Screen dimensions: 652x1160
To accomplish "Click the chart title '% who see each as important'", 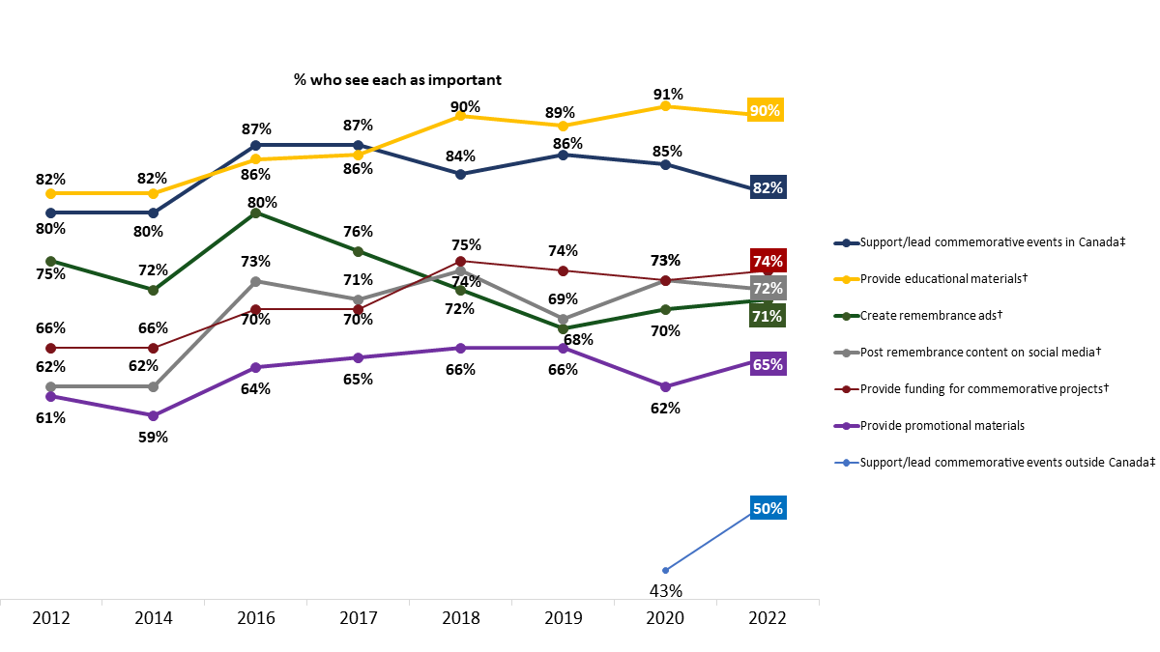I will pos(398,80).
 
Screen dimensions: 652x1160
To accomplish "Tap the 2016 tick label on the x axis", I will pos(255,618).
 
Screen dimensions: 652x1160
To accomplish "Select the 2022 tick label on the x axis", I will pos(768,618).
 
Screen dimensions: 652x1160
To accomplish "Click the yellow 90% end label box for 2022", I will pos(765,110).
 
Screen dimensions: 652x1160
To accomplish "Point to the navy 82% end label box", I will pos(768,187).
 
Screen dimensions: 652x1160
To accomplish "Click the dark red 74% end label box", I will pos(768,261).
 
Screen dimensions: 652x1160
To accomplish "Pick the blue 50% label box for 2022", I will pos(768,508).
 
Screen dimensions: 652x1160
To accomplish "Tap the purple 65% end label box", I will pos(768,364).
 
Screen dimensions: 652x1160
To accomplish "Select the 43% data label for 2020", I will pos(665,590).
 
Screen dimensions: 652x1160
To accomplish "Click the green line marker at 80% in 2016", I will pos(255,213).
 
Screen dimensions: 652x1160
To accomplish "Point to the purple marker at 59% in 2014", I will pos(153,415).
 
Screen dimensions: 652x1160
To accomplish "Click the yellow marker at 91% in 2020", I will pos(665,106).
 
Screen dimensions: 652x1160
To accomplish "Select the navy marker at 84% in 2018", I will pos(460,174).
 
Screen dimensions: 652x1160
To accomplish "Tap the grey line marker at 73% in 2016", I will pos(255,281).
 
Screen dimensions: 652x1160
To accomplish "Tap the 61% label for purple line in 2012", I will pos(51,417).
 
